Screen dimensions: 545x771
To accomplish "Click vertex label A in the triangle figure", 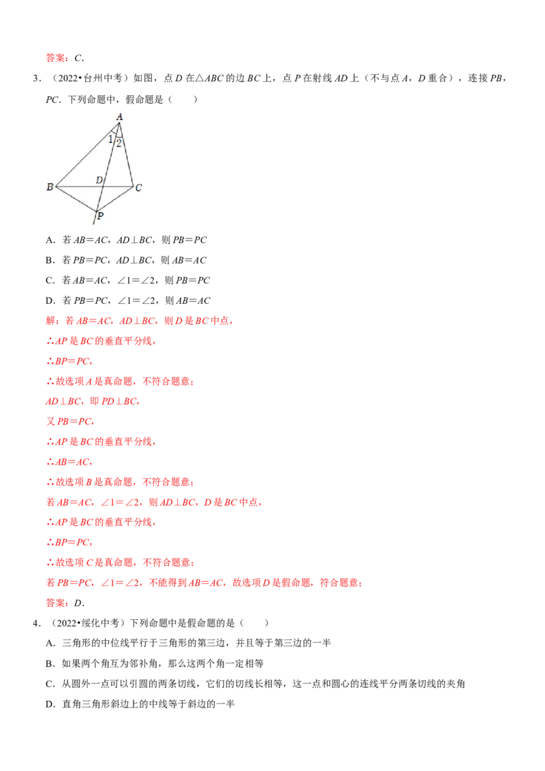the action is coord(119,116).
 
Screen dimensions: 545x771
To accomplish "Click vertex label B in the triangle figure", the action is coord(50,187).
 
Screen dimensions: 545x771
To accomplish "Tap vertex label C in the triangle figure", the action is coord(139,187).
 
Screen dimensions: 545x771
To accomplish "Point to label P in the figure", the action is coord(100,215).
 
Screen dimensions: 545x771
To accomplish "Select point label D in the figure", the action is coord(99,180).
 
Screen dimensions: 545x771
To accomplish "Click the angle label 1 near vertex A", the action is coord(110,140).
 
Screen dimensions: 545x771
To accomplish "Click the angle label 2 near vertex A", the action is coord(119,144).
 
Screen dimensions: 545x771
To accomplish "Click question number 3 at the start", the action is coord(35,78).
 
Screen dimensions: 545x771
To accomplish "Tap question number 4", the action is coord(35,623).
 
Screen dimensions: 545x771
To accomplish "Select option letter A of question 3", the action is coord(49,240).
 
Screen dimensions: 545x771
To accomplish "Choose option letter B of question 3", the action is coord(49,260).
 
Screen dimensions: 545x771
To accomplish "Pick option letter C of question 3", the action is coord(49,281).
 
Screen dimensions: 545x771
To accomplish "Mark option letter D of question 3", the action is coord(49,300).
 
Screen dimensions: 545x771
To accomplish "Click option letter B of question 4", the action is coord(49,663).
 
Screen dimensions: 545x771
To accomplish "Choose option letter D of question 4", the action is coord(49,704).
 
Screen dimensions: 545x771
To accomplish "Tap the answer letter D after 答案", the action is coord(78,603).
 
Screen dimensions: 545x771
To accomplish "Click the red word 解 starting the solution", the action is coord(50,321).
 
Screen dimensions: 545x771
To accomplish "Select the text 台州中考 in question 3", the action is coord(103,78).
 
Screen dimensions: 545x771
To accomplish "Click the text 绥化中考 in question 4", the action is coord(100,623).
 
